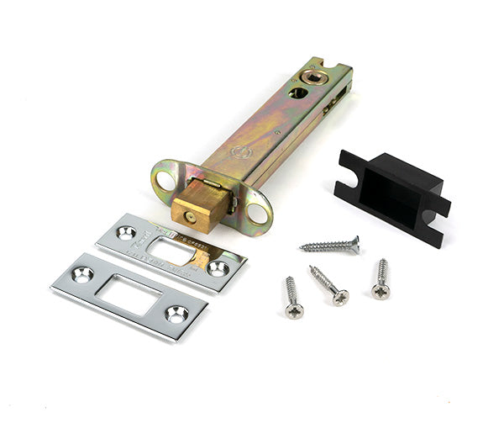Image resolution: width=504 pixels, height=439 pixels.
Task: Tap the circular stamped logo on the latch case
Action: tap(244, 153)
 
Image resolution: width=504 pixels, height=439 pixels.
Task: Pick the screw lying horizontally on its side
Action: tap(329, 246)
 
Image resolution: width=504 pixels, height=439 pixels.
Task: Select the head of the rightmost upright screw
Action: tap(381, 291)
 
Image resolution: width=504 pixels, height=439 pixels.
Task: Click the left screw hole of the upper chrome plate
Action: tap(127, 232)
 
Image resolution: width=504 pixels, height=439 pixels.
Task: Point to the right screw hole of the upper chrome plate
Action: tap(218, 268)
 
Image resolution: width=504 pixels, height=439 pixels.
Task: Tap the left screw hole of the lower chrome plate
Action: tap(83, 273)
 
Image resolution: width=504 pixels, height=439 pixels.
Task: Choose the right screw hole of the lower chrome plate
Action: tap(176, 314)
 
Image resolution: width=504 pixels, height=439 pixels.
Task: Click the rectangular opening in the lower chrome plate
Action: tap(130, 294)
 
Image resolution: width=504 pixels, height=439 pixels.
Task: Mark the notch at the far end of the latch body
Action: tap(337, 65)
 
